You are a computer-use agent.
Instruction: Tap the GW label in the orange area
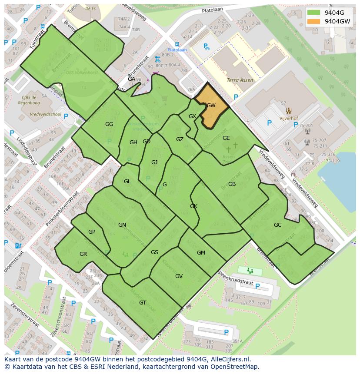(211, 106)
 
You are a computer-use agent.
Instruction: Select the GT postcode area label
(143, 303)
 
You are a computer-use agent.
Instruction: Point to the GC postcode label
(277, 225)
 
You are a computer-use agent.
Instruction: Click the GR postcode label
(83, 254)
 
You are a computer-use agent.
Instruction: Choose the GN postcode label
(122, 225)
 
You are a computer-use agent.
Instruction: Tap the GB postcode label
(232, 184)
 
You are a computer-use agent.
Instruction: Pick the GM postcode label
(201, 253)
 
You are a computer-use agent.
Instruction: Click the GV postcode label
(179, 276)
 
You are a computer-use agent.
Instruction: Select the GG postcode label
(109, 124)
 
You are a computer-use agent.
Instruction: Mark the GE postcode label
(226, 138)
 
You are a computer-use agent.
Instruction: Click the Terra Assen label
(240, 80)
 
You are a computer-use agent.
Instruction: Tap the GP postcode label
(91, 232)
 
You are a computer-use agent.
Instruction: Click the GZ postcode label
(180, 139)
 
